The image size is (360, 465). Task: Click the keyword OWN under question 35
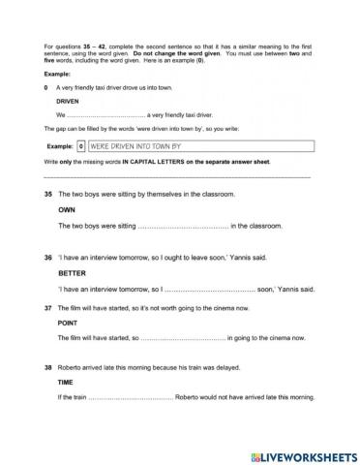tap(67, 209)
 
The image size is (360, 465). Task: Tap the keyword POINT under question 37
tap(67, 322)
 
